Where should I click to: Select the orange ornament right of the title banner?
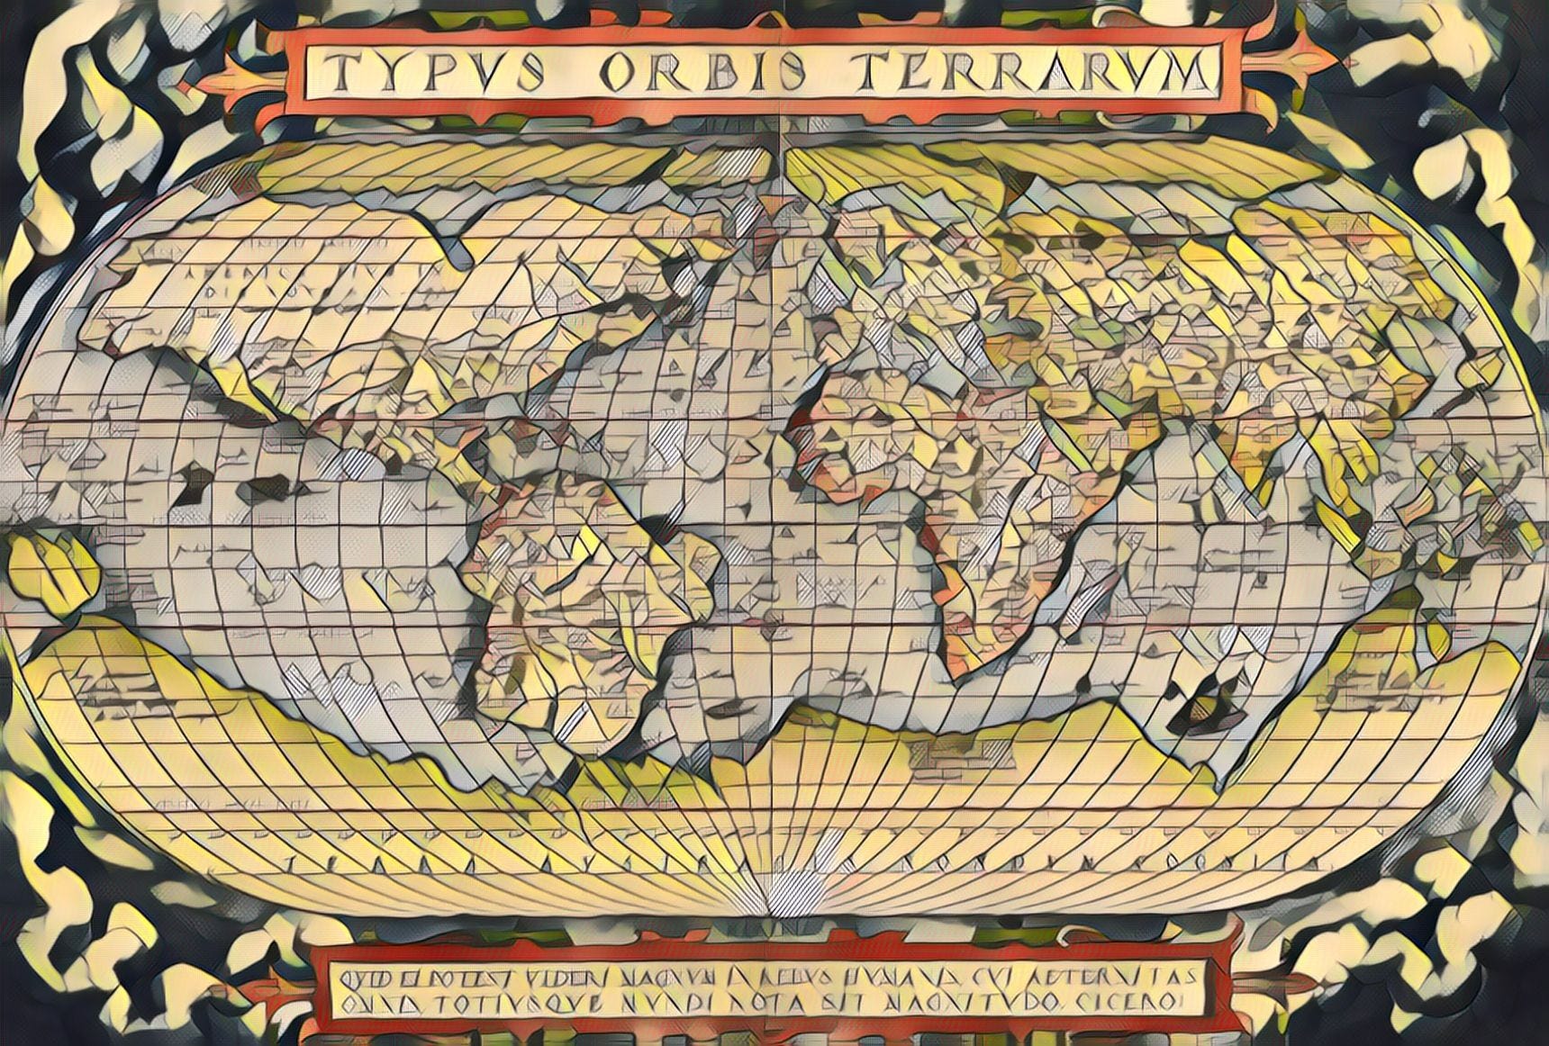click(x=1297, y=63)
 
